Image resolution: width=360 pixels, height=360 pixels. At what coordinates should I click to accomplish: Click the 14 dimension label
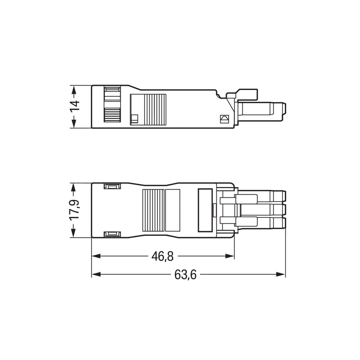75,106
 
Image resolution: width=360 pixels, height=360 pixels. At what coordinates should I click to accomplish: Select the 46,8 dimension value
162,256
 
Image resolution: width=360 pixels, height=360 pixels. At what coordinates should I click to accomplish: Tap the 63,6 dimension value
185,274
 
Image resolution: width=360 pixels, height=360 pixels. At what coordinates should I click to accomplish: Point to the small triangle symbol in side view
224,119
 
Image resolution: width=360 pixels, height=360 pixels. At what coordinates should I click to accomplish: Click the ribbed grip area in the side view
155,109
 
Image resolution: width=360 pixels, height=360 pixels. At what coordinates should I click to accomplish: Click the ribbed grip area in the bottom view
153,210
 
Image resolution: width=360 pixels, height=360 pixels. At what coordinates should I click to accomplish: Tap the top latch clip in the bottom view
112,186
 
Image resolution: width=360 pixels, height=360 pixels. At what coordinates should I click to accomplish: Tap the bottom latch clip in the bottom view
112,234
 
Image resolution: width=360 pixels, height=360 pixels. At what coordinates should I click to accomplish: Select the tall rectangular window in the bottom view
205,210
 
